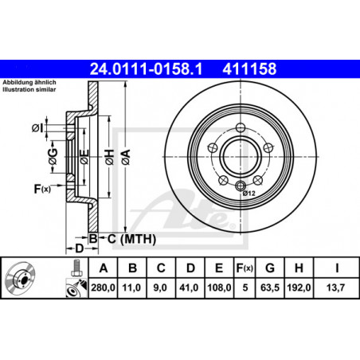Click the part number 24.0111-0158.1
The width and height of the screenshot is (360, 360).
click(146, 69)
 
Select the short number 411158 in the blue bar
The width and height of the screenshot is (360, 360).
click(249, 69)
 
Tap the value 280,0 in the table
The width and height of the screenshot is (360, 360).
click(103, 288)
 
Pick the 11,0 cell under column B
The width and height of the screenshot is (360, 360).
click(132, 288)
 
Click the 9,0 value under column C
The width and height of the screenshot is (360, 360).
click(160, 288)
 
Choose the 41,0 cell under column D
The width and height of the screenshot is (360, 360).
click(189, 288)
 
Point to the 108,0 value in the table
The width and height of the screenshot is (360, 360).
click(219, 288)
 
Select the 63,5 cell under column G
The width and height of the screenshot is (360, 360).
click(270, 288)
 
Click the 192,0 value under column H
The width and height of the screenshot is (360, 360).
click(299, 288)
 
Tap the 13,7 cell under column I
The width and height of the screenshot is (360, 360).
click(335, 288)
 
